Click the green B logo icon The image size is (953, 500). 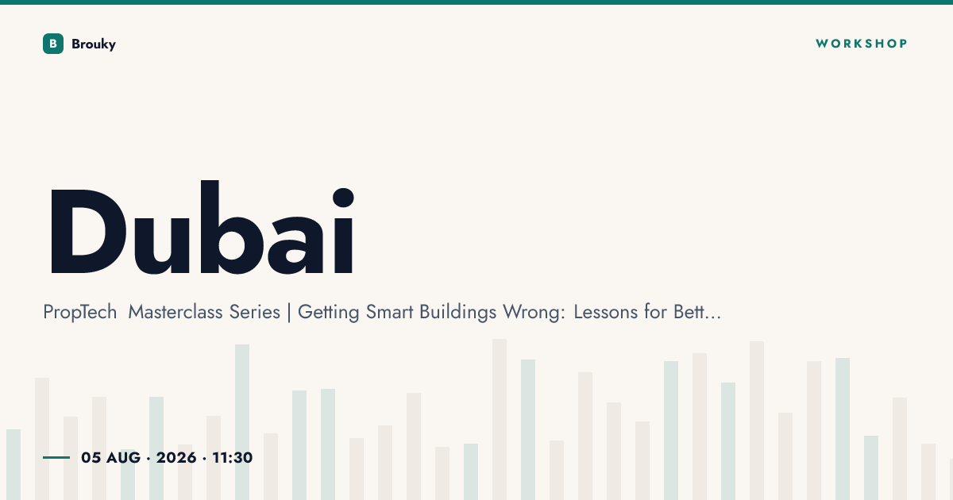tap(53, 44)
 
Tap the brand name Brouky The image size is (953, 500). tap(94, 44)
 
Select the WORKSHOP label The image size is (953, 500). tap(861, 44)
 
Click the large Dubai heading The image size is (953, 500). tap(202, 228)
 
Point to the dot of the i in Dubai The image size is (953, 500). tap(343, 198)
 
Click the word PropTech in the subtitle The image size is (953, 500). tap(80, 312)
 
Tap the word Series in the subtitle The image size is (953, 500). tap(254, 312)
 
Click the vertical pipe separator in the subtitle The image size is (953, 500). tap(289, 313)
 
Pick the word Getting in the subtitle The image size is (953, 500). tap(329, 313)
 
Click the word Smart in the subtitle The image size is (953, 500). tap(389, 312)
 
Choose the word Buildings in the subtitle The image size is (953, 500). tap(457, 313)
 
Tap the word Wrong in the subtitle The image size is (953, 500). tap(534, 313)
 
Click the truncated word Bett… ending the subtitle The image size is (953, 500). tap(697, 312)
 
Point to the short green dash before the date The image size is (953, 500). tap(56, 457)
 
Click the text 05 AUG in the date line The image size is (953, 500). tap(110, 457)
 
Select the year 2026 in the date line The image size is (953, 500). tap(176, 457)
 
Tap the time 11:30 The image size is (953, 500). tap(232, 457)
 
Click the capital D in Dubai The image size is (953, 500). tap(88, 231)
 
